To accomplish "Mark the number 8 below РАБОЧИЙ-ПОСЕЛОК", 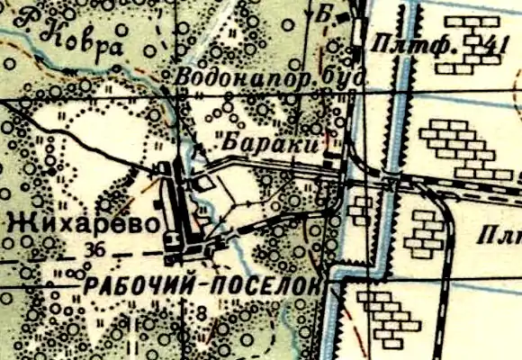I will tap(200, 313).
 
